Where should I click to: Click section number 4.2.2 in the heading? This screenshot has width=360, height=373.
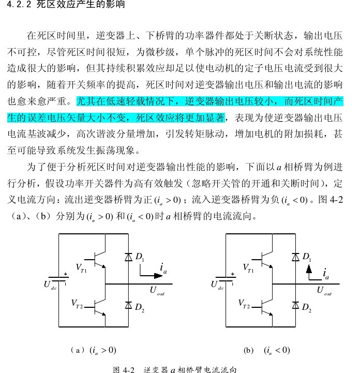point(19,6)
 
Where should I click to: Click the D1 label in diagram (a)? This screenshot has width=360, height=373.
point(140,257)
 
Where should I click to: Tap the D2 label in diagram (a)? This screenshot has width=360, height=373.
point(140,308)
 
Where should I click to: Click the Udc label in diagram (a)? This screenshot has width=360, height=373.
point(50,285)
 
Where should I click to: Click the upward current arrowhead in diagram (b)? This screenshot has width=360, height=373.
point(309,269)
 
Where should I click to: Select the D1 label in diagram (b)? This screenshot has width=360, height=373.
point(307,257)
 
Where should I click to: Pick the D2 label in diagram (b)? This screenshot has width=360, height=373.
point(307,308)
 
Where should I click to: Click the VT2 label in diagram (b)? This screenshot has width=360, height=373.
point(245,303)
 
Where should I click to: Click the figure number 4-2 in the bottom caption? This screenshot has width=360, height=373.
point(129,369)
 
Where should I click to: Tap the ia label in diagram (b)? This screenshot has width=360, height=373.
point(326,273)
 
